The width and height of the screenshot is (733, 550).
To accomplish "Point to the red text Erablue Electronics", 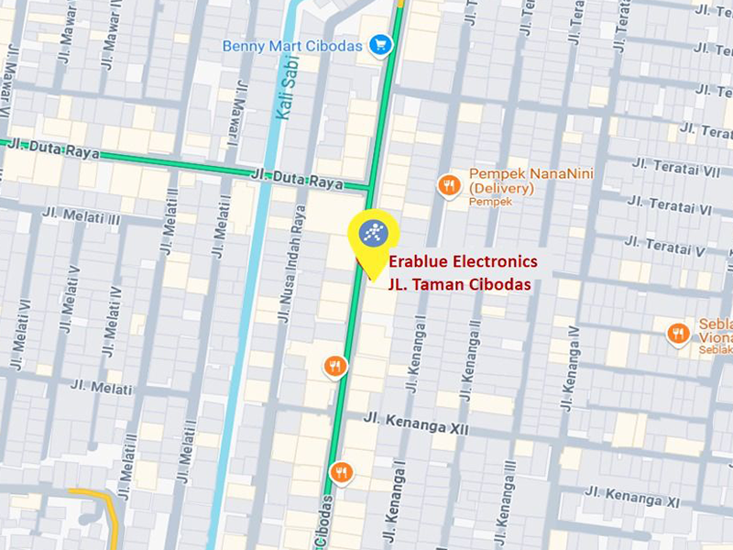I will point(465,262).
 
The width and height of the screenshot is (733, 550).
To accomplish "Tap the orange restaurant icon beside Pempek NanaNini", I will point(448,186).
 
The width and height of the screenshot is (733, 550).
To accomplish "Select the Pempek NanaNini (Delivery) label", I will point(517,181).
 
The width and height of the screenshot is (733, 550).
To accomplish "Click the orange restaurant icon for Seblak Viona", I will point(679,334).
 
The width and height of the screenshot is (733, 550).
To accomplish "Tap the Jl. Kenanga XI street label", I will point(647,497).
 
